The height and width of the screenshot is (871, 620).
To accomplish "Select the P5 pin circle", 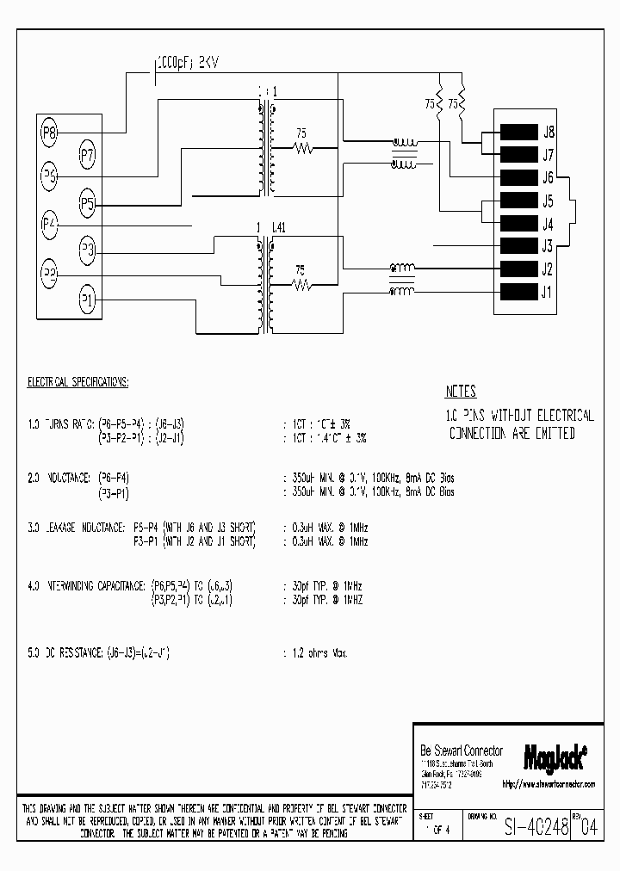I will pyautogui.click(x=88, y=204).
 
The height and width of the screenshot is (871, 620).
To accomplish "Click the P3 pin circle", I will pyautogui.click(x=88, y=251).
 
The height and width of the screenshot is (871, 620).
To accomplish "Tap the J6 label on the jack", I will pyautogui.click(x=547, y=178).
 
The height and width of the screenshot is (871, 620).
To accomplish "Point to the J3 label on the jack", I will pyautogui.click(x=547, y=246).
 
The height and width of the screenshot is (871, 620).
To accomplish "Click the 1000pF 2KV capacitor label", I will pyautogui.click(x=187, y=63).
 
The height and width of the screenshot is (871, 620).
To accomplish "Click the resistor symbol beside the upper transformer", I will pyautogui.click(x=302, y=148).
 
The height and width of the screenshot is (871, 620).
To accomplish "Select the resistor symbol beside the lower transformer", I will pyautogui.click(x=302, y=282).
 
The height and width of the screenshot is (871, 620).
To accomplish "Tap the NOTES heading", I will pyautogui.click(x=460, y=392).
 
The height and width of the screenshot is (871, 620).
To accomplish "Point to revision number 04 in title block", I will pyautogui.click(x=588, y=829).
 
